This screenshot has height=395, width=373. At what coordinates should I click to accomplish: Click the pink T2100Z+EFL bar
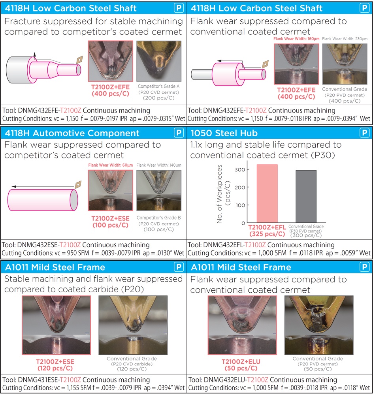click(267, 194)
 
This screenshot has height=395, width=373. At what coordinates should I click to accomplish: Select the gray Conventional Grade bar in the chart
click(306, 196)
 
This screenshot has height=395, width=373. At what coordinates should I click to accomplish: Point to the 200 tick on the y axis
click(240, 187)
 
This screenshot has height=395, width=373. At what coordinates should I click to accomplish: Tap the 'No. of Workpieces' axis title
click(219, 194)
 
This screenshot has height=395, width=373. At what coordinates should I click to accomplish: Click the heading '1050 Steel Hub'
click(224, 133)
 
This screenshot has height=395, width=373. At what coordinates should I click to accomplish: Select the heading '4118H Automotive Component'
click(72, 133)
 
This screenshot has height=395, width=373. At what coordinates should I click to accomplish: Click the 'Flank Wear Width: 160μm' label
click(296, 39)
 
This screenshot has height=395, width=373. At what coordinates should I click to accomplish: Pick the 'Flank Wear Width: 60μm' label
click(110, 165)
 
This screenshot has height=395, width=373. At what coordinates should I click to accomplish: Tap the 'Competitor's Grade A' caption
click(158, 87)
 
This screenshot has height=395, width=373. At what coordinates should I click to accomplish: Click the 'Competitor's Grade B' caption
click(158, 218)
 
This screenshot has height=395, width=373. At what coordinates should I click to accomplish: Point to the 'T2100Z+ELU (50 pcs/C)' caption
click(241, 365)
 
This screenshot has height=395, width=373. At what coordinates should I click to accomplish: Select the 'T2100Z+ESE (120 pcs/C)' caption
click(55, 365)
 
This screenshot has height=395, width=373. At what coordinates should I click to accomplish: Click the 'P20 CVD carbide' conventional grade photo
click(133, 325)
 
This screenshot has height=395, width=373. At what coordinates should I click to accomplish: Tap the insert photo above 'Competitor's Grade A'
click(159, 61)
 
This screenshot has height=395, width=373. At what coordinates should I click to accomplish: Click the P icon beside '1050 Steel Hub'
click(364, 133)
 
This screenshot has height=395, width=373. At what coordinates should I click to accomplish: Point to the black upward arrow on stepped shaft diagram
click(34, 55)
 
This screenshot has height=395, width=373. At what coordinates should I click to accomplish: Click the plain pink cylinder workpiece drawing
click(43, 200)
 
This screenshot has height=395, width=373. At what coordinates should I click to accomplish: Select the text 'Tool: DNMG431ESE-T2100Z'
click(41, 380)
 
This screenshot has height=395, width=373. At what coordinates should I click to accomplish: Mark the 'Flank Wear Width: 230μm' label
click(345, 39)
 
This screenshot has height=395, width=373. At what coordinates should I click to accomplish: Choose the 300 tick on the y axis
click(240, 169)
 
